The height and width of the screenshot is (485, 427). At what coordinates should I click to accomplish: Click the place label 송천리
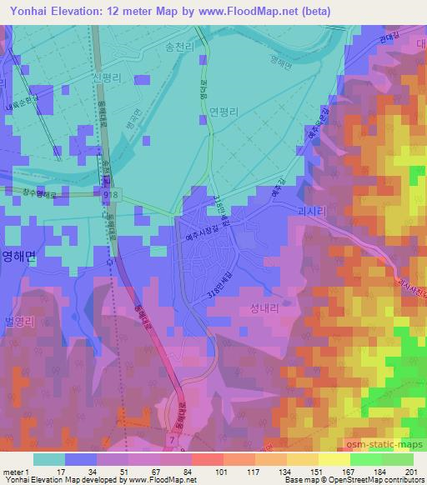click(x=180, y=49)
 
